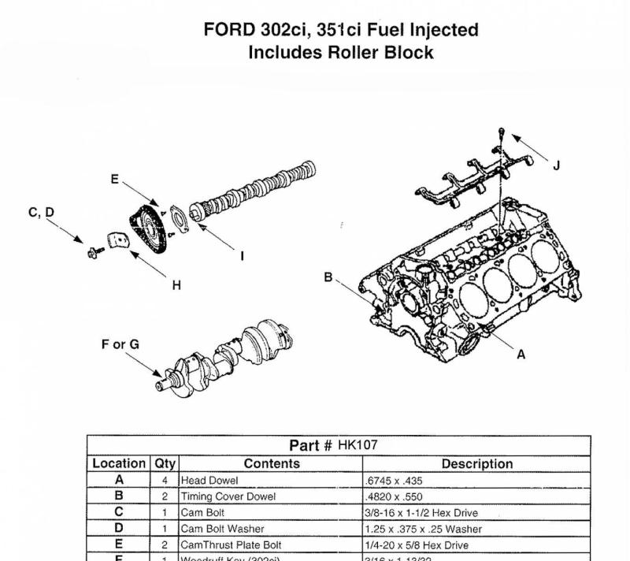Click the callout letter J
[x=557, y=165]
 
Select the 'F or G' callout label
[x=120, y=345]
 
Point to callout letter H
[x=176, y=285]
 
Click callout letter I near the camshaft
[x=242, y=256]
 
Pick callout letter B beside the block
[x=328, y=277]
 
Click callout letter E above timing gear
[x=114, y=180]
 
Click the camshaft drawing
[x=260, y=189]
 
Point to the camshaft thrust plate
[x=178, y=221]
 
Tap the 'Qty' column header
[x=165, y=464]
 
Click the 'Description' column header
[x=477, y=464]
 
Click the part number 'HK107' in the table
[x=358, y=445]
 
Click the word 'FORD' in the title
[x=228, y=30]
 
